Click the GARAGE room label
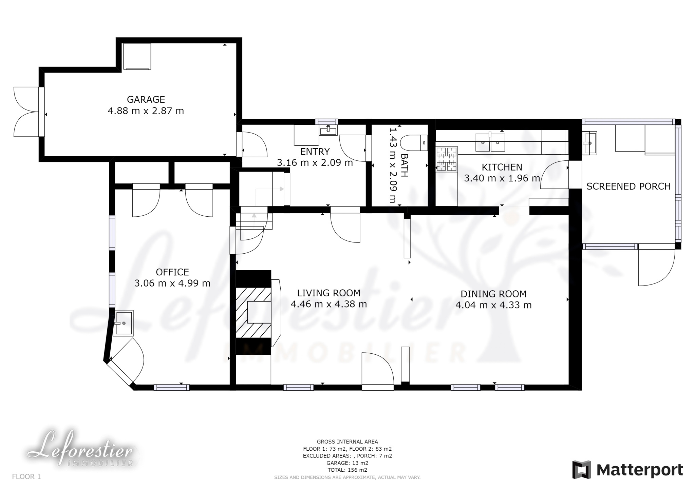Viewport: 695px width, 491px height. coord(146,99)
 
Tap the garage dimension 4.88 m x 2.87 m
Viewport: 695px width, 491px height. coord(146,111)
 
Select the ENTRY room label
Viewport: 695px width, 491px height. coord(315,151)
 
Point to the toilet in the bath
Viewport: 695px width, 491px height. coord(414,143)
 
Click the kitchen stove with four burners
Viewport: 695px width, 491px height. coord(447,159)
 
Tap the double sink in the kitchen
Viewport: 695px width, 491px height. coord(490,142)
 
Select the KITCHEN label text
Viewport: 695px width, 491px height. coord(502,167)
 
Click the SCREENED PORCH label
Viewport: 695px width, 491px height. coord(628,186)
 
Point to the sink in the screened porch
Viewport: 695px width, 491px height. coord(589,143)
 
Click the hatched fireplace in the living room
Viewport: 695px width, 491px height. coord(253,313)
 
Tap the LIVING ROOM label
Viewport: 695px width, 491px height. coord(329,293)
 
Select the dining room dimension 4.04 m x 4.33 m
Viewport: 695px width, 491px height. coord(493,305)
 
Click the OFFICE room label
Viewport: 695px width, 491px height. coord(172,272)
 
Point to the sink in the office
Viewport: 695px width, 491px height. coord(123,323)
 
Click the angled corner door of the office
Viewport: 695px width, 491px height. coord(126,361)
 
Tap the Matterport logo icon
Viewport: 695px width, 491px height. coord(582,470)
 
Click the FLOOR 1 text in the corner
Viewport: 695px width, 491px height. coord(26,476)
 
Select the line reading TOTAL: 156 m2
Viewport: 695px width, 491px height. coord(347,470)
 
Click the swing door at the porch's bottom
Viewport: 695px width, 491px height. coord(657,268)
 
